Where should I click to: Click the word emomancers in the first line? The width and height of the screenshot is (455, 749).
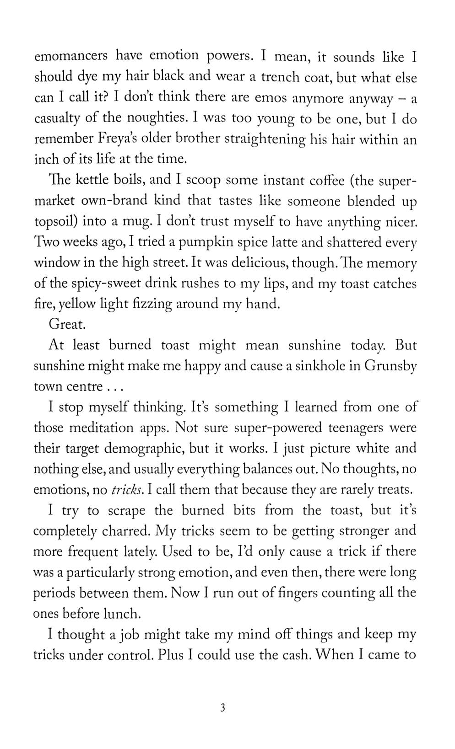tap(71, 56)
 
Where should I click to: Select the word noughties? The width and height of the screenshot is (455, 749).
tap(155, 118)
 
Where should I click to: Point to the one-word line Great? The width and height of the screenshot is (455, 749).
tap(67, 325)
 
